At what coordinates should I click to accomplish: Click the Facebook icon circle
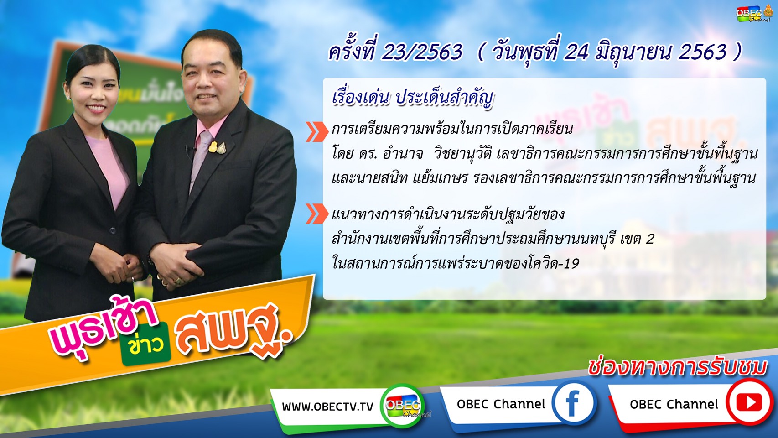point(574,403)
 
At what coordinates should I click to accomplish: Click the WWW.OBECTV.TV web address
point(327,407)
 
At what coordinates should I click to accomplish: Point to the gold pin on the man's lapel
point(213,147)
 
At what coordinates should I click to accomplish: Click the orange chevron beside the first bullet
point(317,132)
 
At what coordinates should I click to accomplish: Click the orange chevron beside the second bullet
point(317,214)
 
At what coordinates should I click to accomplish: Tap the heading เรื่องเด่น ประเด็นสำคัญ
point(413,99)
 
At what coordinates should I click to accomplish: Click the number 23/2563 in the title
point(422,52)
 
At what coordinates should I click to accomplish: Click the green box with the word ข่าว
point(146,344)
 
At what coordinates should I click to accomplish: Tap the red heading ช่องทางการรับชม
point(677,367)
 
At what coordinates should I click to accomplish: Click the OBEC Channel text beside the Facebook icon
point(501,404)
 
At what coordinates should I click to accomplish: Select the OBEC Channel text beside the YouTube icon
point(674,404)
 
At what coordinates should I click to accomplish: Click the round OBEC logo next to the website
point(403,405)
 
